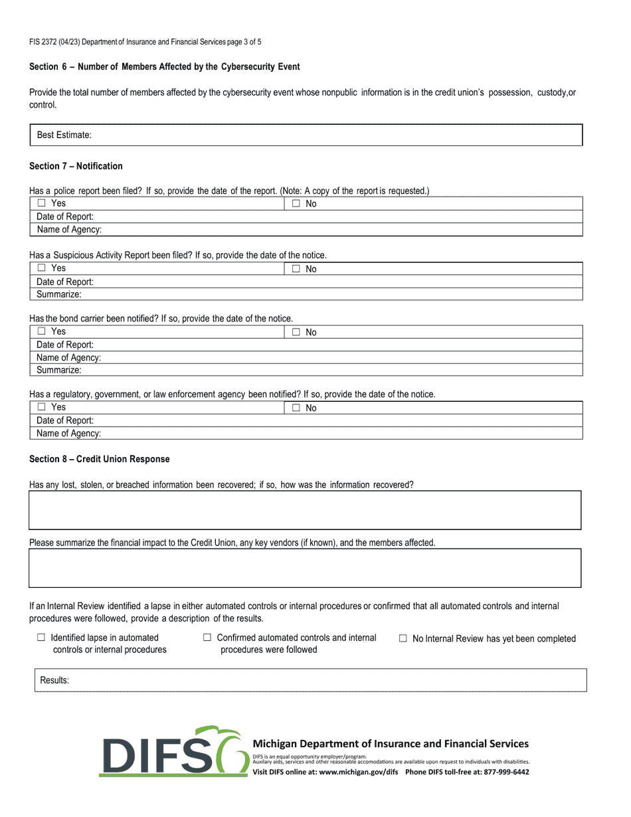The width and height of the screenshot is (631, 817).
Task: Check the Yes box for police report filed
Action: (41, 203)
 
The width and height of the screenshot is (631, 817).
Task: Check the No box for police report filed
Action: (296, 204)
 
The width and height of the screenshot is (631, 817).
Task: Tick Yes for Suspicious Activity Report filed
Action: (41, 268)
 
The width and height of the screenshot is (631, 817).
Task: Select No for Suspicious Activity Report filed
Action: (296, 269)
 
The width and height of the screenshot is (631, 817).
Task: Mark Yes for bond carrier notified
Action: (41, 331)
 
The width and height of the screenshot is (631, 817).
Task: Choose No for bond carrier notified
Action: (296, 332)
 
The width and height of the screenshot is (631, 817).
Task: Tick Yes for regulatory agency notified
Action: (41, 407)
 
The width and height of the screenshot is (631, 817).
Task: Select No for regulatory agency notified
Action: (296, 408)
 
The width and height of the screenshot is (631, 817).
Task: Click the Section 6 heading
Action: (164, 67)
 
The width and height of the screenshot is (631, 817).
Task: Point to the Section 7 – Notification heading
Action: (76, 166)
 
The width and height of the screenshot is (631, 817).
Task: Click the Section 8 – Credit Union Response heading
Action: (99, 459)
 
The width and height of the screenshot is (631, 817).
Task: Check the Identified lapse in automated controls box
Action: (41, 638)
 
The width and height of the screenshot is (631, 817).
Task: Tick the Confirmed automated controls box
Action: (207, 638)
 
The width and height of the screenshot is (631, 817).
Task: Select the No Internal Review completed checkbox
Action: (403, 638)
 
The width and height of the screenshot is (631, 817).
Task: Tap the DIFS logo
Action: (174, 752)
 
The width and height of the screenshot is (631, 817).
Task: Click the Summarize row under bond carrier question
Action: (306, 370)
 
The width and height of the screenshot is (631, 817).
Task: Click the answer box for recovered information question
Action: (305, 510)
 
